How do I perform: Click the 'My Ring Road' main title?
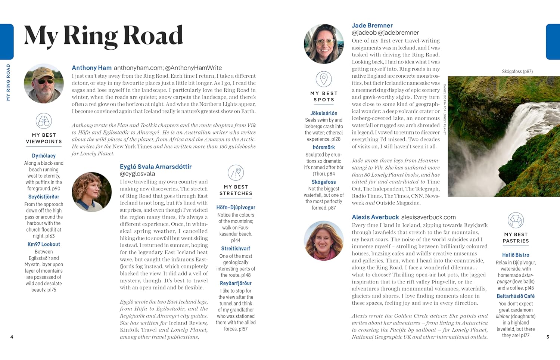(103, 36)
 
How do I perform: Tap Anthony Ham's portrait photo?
(44, 83)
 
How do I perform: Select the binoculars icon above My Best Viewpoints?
(44, 121)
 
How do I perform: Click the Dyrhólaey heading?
(44, 156)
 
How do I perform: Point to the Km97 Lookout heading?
(44, 244)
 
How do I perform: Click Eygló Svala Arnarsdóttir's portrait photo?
(92, 192)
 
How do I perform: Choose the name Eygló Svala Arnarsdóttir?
(156, 167)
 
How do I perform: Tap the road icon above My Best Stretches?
(236, 173)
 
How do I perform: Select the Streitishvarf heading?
(236, 248)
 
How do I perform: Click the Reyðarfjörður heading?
(236, 283)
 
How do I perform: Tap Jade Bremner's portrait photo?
(324, 44)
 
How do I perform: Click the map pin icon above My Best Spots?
(324, 79)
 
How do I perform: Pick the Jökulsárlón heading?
(324, 113)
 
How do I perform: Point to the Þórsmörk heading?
(324, 147)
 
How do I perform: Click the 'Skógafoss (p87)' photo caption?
(517, 71)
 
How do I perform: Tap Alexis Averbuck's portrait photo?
(324, 240)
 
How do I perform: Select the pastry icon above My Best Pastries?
(516, 220)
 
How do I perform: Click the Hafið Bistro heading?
(516, 255)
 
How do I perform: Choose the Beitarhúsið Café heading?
(516, 296)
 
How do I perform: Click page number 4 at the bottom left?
(12, 337)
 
